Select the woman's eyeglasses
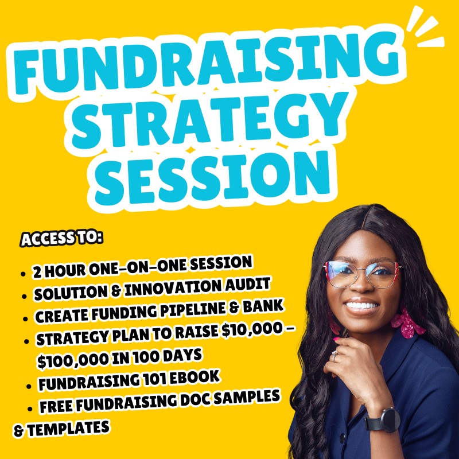(x=361, y=273)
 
